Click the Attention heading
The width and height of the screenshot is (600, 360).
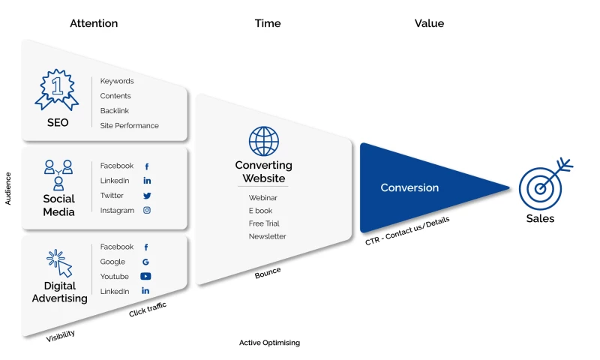pyautogui.click(x=94, y=23)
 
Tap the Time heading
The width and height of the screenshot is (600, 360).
pyautogui.click(x=268, y=23)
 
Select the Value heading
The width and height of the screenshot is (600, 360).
pyautogui.click(x=429, y=23)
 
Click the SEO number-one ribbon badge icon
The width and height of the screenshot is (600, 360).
pyautogui.click(x=57, y=90)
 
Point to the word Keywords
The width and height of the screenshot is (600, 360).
pyautogui.click(x=117, y=81)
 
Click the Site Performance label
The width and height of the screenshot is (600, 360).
pyautogui.click(x=130, y=126)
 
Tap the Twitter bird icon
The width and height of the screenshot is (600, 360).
pyautogui.click(x=147, y=196)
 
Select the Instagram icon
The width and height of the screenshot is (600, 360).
pyautogui.click(x=147, y=211)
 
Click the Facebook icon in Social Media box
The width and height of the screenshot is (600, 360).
pyautogui.click(x=147, y=166)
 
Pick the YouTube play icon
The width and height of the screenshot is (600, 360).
pyautogui.click(x=146, y=277)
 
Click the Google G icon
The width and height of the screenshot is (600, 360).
pyautogui.click(x=146, y=262)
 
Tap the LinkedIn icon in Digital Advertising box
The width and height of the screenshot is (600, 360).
pyautogui.click(x=146, y=291)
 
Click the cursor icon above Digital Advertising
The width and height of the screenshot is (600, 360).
pyautogui.click(x=60, y=263)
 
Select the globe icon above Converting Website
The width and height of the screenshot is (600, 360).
pyautogui.click(x=264, y=141)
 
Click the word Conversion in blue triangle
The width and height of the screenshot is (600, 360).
pyautogui.click(x=409, y=187)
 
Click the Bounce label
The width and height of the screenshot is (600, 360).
pyautogui.click(x=268, y=272)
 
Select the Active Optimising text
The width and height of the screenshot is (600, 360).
pyautogui.click(x=269, y=343)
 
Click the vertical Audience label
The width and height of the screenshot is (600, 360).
pyautogui.click(x=8, y=188)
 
